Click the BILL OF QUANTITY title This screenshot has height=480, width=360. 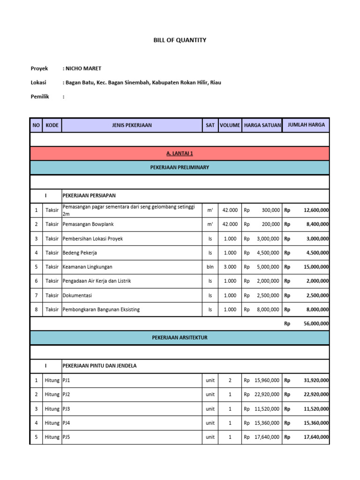180,40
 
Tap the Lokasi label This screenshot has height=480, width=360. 39,82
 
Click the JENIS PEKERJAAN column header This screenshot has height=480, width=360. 132,126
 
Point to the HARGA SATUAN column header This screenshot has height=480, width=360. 262,126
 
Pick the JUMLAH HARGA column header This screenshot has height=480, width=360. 306,126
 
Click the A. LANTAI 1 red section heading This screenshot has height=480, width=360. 180,154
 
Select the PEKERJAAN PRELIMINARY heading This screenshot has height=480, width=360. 180,167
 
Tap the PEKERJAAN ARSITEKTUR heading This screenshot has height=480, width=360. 180,337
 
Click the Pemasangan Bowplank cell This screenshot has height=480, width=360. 88,225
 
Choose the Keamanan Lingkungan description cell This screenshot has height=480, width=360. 88,267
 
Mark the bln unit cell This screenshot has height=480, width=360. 210,267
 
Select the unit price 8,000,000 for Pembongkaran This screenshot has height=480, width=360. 268,309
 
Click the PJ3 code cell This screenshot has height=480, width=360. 67,409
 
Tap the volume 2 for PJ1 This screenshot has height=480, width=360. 230,381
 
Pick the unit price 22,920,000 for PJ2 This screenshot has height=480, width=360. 267,395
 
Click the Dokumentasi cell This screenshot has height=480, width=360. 78,295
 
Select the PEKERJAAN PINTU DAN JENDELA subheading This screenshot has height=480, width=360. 99,366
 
